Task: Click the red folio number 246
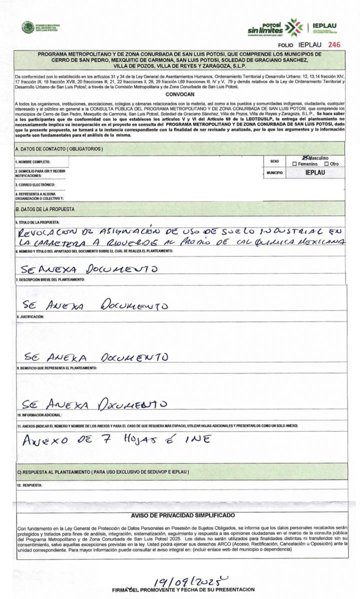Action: point(334,44)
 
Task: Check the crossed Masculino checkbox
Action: point(298,157)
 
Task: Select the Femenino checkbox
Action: point(295,163)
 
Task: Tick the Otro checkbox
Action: point(326,163)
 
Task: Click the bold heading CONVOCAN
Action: point(180,93)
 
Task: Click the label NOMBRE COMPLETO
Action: point(32,162)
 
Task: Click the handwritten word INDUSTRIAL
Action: point(286,231)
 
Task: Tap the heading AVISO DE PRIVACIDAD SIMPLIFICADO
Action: point(183,515)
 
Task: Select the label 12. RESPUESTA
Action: point(29,485)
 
